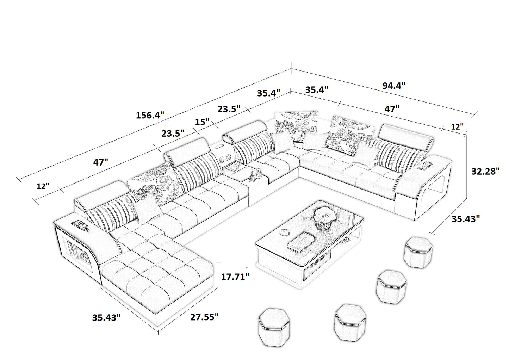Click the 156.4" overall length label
(x=150, y=115)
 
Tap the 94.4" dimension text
(x=393, y=85)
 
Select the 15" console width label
(x=203, y=122)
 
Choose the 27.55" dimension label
(x=204, y=317)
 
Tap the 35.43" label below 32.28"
(x=466, y=219)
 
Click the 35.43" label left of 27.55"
(x=106, y=317)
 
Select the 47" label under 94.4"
(x=392, y=109)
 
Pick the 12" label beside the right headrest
(x=457, y=127)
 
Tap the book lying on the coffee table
(x=299, y=242)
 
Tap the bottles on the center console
(x=255, y=175)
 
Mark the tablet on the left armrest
(x=80, y=224)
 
